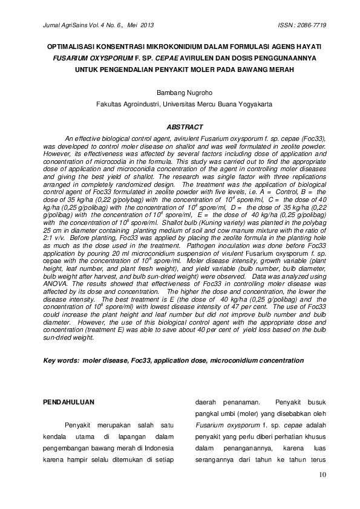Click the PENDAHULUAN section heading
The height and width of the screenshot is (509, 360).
click(71, 402)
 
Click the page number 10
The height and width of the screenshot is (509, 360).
click(321, 476)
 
